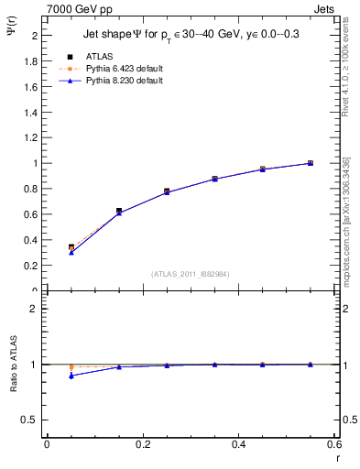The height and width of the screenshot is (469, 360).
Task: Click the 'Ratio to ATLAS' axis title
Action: tap(12, 363)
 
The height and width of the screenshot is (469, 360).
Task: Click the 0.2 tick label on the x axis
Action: tap(142, 445)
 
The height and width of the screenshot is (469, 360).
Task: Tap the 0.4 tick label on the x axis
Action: tap(238, 445)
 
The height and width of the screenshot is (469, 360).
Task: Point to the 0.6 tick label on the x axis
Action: tap(334, 445)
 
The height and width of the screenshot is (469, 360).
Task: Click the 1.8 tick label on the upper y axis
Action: tap(32, 60)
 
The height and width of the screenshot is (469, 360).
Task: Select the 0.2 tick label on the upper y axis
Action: tap(32, 266)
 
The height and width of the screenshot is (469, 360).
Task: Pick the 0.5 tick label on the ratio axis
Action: tap(32, 420)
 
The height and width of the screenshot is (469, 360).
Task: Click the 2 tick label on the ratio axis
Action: tap(35, 309)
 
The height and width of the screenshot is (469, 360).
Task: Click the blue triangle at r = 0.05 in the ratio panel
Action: tap(71, 376)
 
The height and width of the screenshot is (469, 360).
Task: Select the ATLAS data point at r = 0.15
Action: tap(119, 211)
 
